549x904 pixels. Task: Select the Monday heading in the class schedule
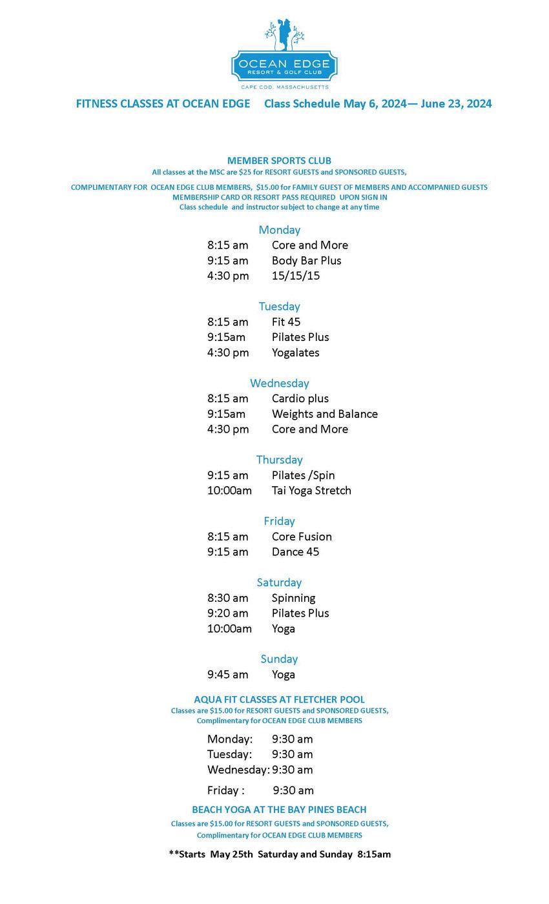click(x=279, y=230)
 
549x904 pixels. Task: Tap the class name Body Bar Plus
click(x=306, y=260)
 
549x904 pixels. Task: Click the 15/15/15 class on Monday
click(x=295, y=276)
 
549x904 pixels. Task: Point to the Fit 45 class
click(x=285, y=322)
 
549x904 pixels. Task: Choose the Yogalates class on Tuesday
click(x=295, y=353)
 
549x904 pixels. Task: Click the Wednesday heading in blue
click(x=279, y=383)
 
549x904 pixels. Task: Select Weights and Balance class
click(x=324, y=414)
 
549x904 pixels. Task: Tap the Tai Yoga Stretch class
click(x=311, y=491)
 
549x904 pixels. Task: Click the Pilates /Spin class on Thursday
click(x=303, y=475)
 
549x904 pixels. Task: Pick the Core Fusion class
click(x=302, y=537)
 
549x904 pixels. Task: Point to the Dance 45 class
click(x=295, y=552)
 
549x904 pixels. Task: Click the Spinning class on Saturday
click(x=293, y=598)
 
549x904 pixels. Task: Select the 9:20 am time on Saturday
click(x=227, y=613)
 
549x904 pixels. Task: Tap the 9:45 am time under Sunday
click(x=227, y=675)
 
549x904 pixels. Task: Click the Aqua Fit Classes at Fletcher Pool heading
click(x=279, y=699)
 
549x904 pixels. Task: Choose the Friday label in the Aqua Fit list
click(x=225, y=790)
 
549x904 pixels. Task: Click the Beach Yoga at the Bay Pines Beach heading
click(x=279, y=810)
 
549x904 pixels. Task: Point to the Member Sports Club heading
click(x=279, y=160)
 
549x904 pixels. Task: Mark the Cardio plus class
click(x=300, y=398)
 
